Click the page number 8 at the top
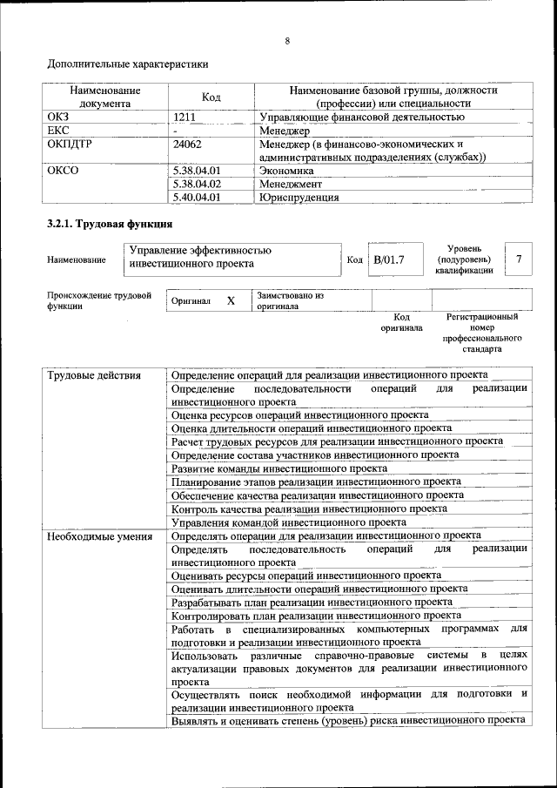[286, 40]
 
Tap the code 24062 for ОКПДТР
[188, 144]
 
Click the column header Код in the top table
[211, 97]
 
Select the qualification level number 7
[519, 259]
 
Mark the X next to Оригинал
[231, 300]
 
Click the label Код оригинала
[401, 323]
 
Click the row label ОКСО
[62, 171]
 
